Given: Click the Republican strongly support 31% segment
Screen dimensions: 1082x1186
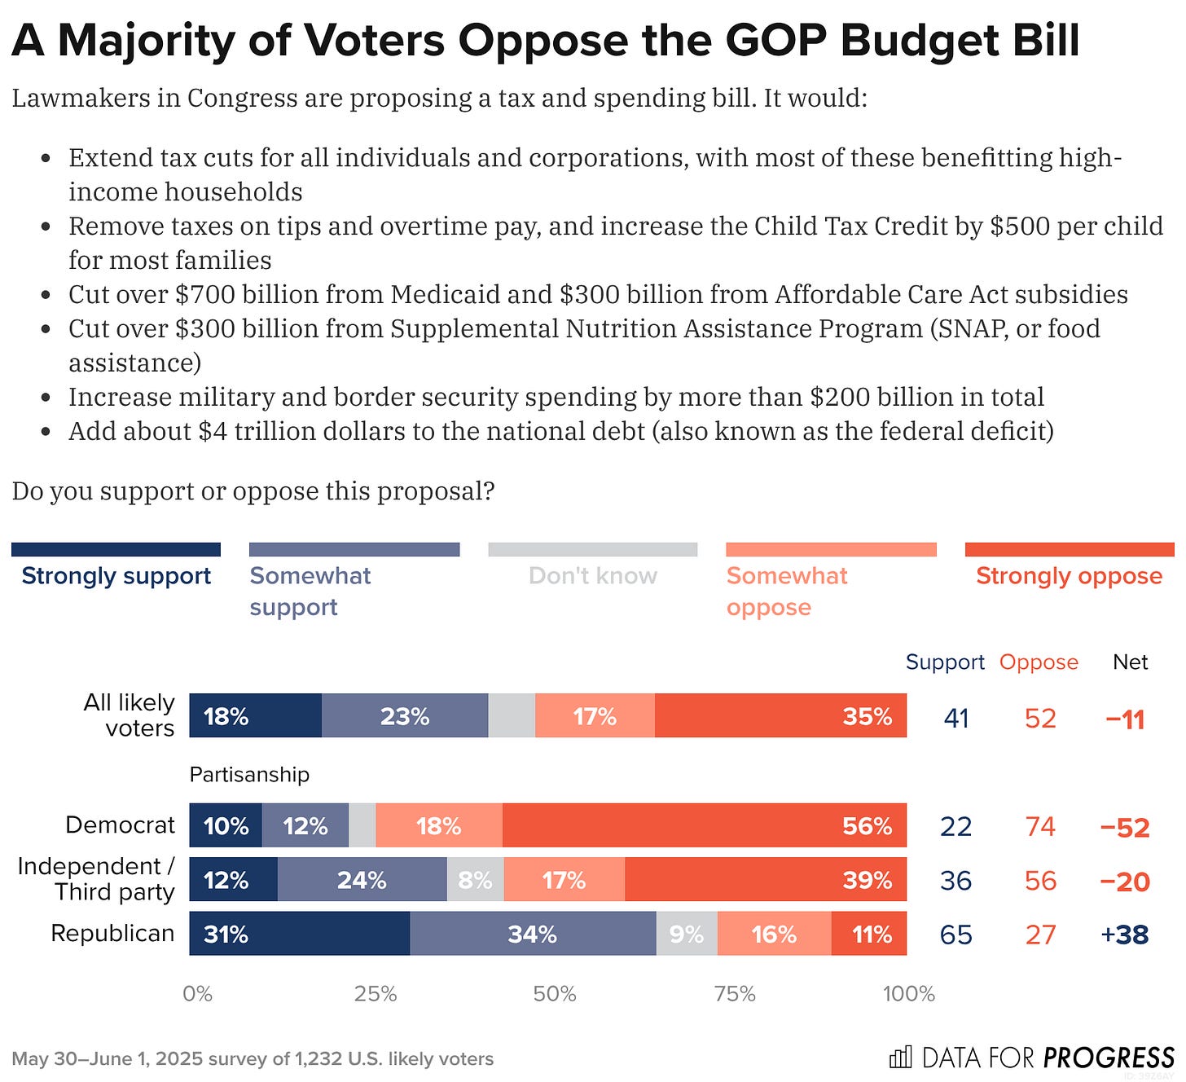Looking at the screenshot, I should (x=299, y=934).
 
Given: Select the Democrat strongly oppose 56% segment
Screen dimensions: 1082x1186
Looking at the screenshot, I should (x=704, y=825).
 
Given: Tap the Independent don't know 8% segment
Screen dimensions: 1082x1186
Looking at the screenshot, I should (x=475, y=880).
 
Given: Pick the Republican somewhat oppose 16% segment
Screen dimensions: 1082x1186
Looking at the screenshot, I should (x=774, y=934).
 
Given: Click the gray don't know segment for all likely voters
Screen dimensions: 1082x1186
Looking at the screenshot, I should (x=512, y=716).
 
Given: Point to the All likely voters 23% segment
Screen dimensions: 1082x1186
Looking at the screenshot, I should (x=405, y=716).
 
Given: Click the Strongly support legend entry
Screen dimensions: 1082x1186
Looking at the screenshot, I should (x=116, y=575).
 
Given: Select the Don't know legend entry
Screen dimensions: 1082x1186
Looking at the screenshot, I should (x=592, y=575).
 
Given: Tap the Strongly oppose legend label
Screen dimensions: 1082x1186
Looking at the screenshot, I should (x=1069, y=575).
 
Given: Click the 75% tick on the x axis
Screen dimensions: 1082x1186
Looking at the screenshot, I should (x=735, y=994).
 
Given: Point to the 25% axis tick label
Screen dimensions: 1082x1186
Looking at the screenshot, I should (x=376, y=994).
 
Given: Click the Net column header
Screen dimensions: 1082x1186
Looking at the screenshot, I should (x=1130, y=662).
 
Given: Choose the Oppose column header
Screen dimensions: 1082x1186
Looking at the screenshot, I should (x=1039, y=662).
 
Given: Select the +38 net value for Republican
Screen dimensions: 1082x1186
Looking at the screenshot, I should (x=1124, y=935).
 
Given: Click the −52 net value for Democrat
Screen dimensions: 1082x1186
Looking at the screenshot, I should (x=1124, y=827).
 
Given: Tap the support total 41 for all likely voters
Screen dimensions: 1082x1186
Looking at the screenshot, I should (x=956, y=718).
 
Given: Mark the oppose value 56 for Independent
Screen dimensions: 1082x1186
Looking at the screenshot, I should (x=1040, y=881).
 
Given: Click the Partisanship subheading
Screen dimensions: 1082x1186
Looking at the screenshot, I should (x=249, y=774).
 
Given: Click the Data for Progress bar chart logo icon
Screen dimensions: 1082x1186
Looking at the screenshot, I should (x=900, y=1058).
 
